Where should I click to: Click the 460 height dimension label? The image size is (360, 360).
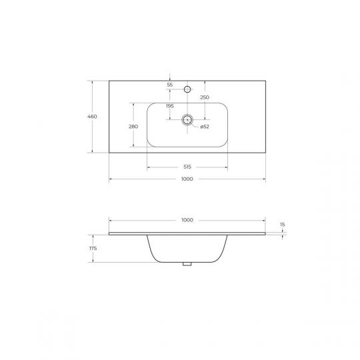(x=92, y=117)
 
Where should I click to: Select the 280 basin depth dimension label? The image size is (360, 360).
(x=133, y=127)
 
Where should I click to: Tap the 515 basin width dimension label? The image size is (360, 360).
(x=187, y=167)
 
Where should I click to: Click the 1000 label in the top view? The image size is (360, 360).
(x=187, y=179)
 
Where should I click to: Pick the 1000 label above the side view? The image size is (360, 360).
(x=187, y=220)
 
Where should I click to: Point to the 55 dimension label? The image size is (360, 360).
(x=170, y=85)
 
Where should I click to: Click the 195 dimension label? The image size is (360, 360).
(x=170, y=106)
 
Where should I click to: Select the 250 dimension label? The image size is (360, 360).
(x=205, y=97)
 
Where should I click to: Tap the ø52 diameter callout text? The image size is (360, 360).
(x=205, y=127)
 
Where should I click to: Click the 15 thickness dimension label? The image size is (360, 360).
(x=283, y=225)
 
